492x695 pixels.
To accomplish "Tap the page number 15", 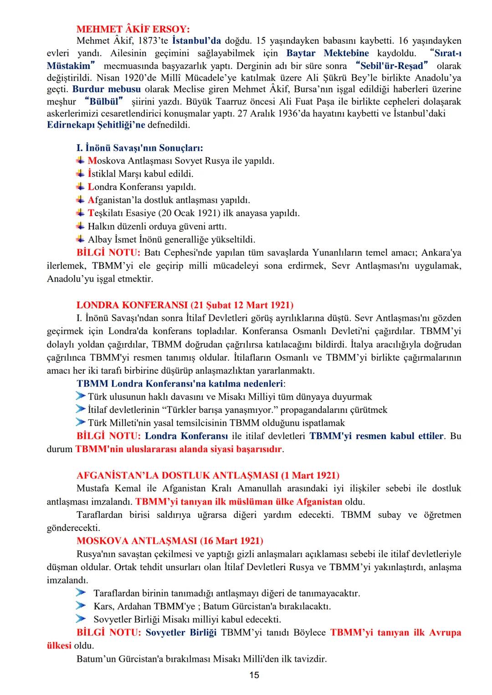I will [x=254, y=675].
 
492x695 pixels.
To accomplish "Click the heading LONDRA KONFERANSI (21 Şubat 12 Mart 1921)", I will [x=185, y=305].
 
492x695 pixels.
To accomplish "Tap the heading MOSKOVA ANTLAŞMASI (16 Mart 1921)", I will [x=169, y=541].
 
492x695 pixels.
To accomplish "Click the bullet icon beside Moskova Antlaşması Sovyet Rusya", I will [x=81, y=160].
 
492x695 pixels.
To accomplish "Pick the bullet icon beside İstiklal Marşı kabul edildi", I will [x=81, y=174].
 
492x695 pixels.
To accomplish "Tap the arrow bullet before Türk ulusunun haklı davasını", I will [x=81, y=396].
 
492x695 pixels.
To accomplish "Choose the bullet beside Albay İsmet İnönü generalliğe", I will [x=81, y=239].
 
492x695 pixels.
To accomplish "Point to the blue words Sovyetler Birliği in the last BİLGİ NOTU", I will [x=181, y=633].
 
